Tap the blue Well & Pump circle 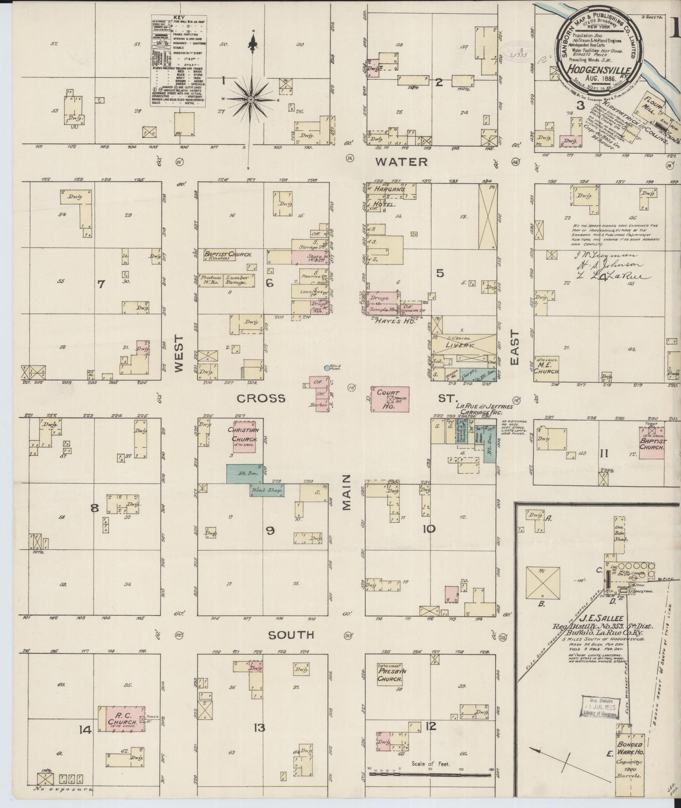tap(327, 367)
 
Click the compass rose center tap(251, 99)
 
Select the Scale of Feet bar tap(431, 774)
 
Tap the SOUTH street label tap(291, 635)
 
